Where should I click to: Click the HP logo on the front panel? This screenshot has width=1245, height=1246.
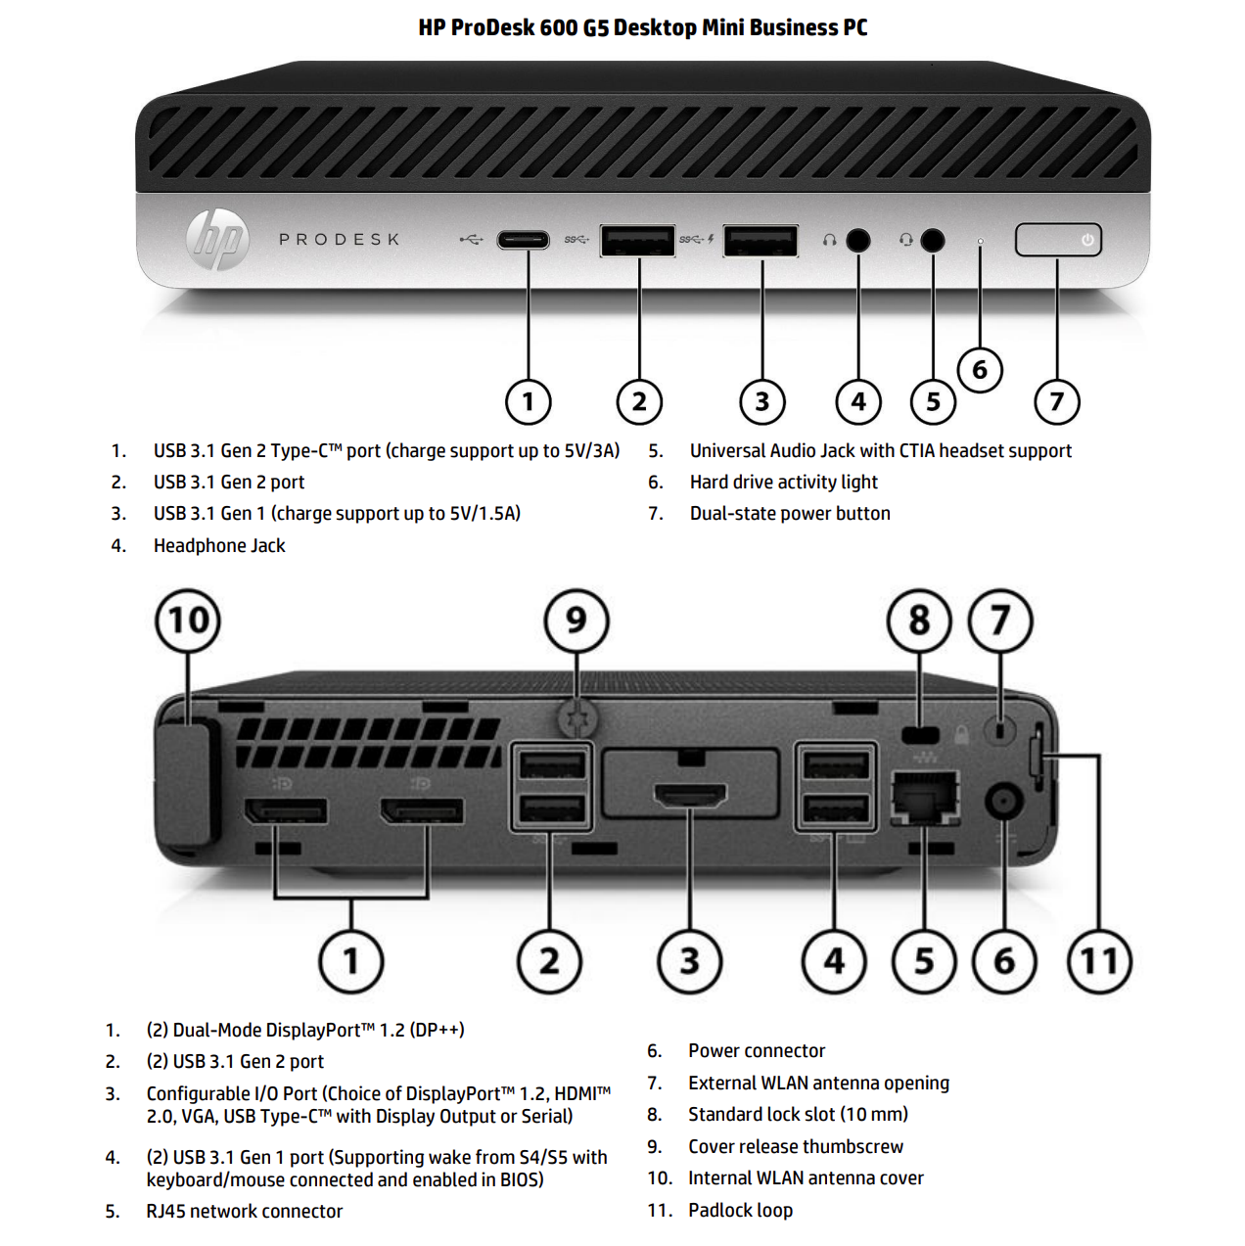pos(217,239)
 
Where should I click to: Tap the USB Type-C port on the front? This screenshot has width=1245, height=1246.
pos(524,240)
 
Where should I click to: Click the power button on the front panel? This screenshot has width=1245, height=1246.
pos(1058,240)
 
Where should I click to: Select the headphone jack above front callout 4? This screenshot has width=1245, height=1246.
pos(858,240)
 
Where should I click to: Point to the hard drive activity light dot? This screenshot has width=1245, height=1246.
pos(980,241)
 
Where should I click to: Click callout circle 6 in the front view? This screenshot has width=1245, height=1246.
pos(980,370)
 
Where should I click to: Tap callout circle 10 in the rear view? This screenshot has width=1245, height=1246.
pos(188,621)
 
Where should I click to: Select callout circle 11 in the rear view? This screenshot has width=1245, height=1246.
pos(1099,961)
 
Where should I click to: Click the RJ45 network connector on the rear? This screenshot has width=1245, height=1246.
pos(924,795)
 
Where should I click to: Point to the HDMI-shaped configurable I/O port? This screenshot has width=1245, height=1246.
pos(690,796)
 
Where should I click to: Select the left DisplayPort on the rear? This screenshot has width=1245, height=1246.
pos(286,810)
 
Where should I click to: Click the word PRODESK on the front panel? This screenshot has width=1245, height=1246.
pos(340,239)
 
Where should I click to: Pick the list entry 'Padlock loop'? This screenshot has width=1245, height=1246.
pos(740,1210)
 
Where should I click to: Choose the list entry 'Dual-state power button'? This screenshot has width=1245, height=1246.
pos(790,514)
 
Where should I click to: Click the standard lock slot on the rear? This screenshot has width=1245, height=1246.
pos(919,735)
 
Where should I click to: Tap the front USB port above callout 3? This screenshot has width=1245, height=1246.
pos(761,240)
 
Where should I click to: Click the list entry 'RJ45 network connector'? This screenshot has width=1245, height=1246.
pos(245,1211)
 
